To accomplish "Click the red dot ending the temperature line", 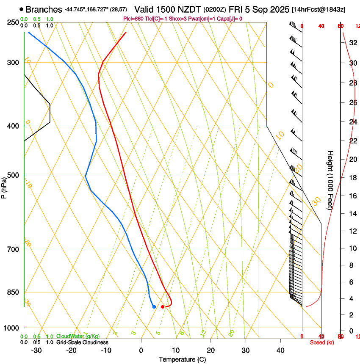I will (x=163, y=306).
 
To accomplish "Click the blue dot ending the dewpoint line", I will (x=154, y=306).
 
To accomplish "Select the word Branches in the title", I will (x=44, y=9).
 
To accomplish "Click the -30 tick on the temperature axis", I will (x=36, y=350).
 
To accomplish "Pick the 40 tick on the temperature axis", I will (x=280, y=350).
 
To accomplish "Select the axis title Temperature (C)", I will (x=182, y=359).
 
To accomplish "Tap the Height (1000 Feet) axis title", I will (x=330, y=180).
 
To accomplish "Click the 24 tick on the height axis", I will (x=352, y=122).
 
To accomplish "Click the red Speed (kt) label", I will (x=322, y=342).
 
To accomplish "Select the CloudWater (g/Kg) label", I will (x=78, y=336).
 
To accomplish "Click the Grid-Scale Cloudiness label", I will (x=82, y=342).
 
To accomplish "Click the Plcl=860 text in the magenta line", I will (x=133, y=19).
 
